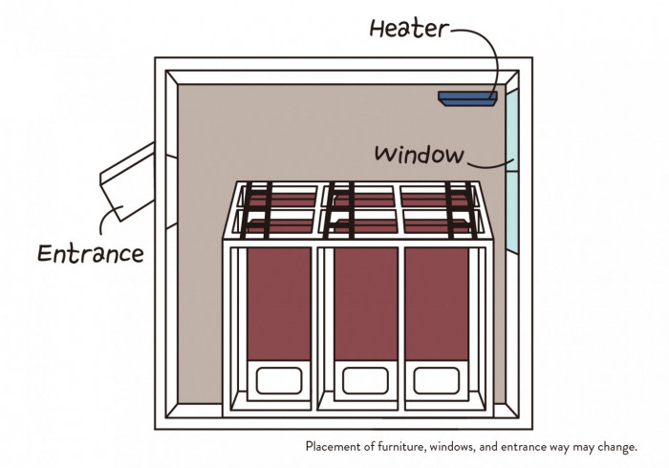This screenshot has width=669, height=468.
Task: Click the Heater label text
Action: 409,29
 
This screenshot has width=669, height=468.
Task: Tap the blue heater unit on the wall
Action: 467,98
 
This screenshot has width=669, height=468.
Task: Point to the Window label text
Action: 419,155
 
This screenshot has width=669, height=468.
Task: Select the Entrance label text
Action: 91,253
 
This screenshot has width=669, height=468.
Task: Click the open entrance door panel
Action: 127,181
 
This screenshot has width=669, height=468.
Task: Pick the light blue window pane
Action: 512,171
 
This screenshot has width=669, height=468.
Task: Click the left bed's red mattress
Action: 279,304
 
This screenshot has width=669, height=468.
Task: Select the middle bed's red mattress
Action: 366,304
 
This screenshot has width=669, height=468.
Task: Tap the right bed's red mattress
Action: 437,304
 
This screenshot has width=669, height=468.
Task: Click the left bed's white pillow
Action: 279,380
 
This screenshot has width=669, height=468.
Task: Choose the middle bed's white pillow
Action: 366,380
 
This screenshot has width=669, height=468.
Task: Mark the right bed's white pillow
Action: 437,380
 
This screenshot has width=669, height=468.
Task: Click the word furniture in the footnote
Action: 401,447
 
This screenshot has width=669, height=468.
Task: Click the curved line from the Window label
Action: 489,166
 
